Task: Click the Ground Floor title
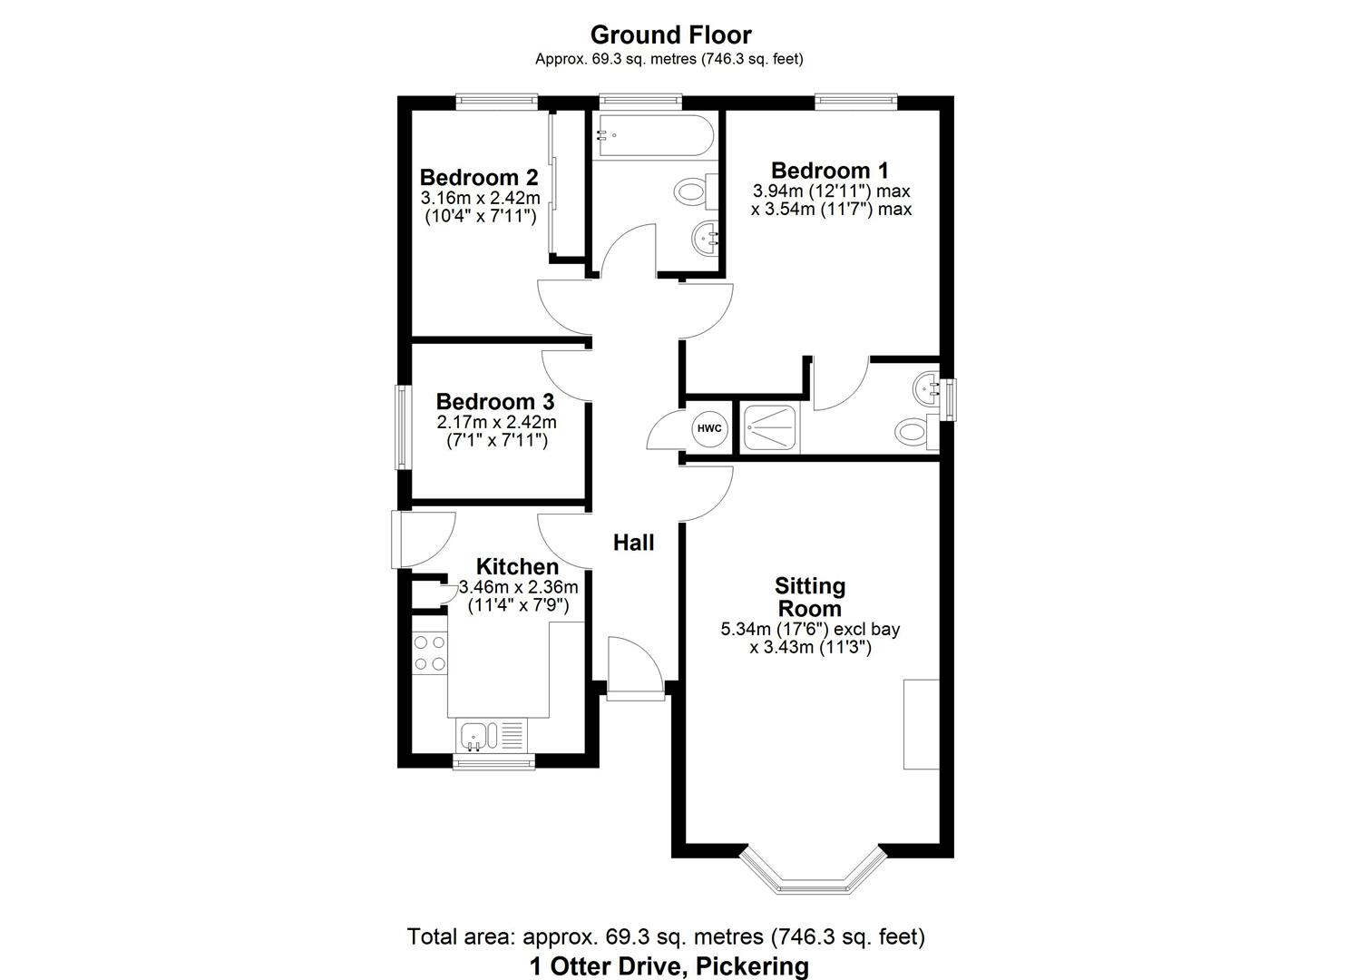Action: pyautogui.click(x=670, y=35)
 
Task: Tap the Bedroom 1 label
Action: pyautogui.click(x=829, y=171)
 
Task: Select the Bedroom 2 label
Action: pyautogui.click(x=479, y=177)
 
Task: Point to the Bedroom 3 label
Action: pyautogui.click(x=494, y=401)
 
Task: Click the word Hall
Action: pyautogui.click(x=633, y=543)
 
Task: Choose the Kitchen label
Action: pyautogui.click(x=517, y=567)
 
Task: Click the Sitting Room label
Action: pyautogui.click(x=809, y=597)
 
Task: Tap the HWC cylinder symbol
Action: pyautogui.click(x=709, y=428)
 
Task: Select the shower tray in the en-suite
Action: pyautogui.click(x=771, y=427)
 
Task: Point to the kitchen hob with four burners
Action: pyautogui.click(x=430, y=652)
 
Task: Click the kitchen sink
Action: pyautogui.click(x=474, y=734)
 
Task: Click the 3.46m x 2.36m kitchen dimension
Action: pyautogui.click(x=518, y=587)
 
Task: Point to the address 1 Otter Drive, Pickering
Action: pyautogui.click(x=669, y=966)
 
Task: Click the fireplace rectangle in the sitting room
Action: pyautogui.click(x=921, y=723)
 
